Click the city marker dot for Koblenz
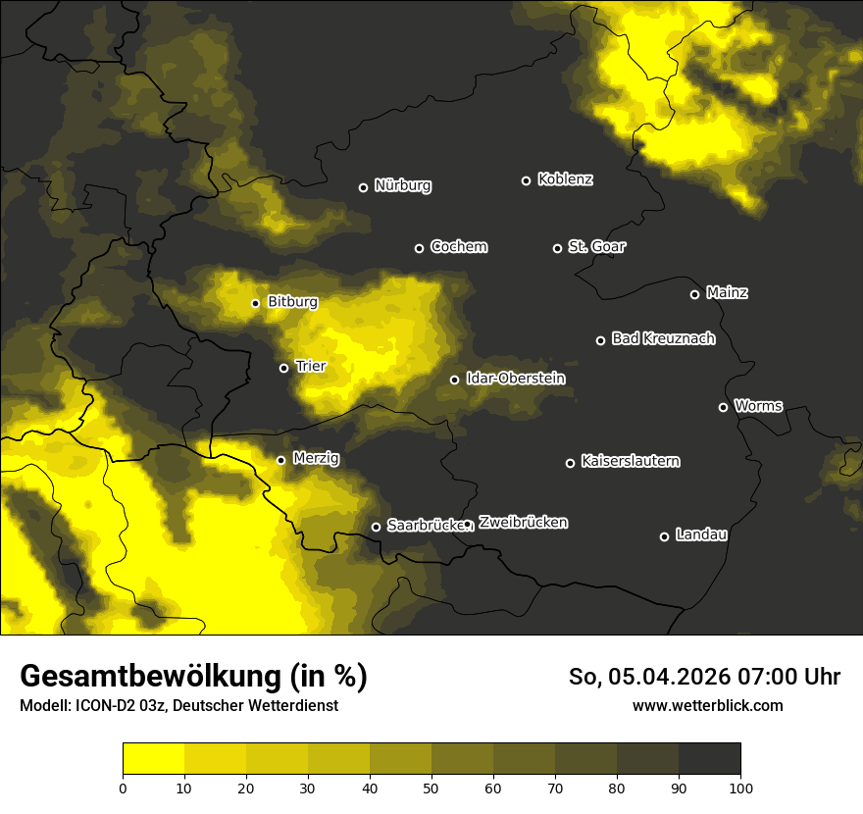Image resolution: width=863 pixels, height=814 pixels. [526, 180]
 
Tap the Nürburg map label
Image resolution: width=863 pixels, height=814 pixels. [402, 185]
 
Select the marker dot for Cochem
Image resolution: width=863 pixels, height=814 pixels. [419, 248]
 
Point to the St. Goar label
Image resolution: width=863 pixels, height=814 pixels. [596, 246]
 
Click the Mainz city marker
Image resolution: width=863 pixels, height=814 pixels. [694, 294]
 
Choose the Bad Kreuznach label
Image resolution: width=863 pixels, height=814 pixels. [663, 338]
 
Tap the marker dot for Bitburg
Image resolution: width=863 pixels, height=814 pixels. [255, 303]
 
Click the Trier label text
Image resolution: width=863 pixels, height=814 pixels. [310, 366]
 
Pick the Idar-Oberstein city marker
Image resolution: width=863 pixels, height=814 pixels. [454, 380]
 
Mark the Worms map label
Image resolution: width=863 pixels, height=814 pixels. [758, 405]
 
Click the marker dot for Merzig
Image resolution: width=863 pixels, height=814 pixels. [280, 460]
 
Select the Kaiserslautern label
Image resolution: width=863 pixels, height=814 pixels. [630, 461]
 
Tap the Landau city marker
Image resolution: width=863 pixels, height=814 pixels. [664, 536]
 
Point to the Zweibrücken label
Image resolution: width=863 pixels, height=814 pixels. [523, 522]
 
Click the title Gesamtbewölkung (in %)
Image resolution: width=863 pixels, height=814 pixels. [193, 677]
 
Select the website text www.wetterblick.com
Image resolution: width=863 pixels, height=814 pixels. [707, 705]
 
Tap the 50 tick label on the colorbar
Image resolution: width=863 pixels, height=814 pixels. [431, 788]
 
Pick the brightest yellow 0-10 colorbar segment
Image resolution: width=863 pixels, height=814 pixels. [153, 758]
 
